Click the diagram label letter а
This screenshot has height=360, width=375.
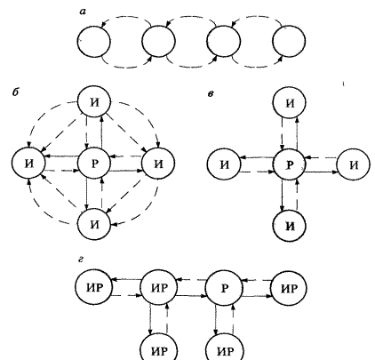click(83, 12)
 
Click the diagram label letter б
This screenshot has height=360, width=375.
click(15, 92)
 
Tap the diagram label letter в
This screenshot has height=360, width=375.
click(210, 94)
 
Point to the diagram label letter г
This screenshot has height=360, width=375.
click(81, 260)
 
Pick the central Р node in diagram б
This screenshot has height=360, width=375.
click(94, 164)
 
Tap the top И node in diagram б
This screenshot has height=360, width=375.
click(94, 102)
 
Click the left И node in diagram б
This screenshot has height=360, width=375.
click(28, 164)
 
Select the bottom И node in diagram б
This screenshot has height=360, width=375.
click(94, 224)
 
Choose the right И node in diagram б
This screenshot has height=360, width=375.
click(158, 164)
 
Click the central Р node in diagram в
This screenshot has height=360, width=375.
click(290, 164)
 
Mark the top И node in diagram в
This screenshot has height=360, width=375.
click(290, 103)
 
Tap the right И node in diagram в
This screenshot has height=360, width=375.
click(354, 164)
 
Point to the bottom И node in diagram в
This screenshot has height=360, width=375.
click(290, 226)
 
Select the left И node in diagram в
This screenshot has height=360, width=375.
click(224, 164)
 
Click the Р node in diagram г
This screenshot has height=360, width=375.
click(224, 288)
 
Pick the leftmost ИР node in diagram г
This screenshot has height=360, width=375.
click(94, 288)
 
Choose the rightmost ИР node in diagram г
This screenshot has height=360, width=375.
click(289, 288)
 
